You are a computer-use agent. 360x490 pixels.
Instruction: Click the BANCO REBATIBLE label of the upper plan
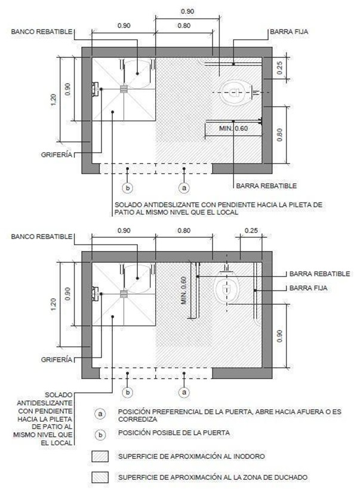42,32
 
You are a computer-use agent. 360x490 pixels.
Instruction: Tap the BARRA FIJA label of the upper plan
289,32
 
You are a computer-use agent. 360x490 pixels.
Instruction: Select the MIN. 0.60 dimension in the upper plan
233,128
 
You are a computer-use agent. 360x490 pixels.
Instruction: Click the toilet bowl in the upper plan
235,93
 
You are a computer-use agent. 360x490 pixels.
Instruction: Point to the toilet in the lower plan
227,285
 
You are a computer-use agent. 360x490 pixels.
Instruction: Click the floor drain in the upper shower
124,89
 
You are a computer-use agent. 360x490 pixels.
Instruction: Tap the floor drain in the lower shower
124,294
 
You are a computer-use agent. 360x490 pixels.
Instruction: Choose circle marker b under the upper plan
127,188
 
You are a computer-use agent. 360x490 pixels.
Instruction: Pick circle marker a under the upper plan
184,188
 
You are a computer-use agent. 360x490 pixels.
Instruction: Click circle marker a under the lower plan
184,392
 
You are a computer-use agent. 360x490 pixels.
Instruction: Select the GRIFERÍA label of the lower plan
57,360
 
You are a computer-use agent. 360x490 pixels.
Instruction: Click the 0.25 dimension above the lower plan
251,231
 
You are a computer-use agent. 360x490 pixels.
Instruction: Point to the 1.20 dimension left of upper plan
53,100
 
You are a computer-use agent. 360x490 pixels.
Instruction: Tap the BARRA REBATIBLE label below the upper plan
266,186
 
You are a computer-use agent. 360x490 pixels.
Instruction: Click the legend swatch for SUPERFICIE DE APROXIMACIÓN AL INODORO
100,457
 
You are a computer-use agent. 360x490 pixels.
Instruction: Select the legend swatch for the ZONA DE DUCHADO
100,477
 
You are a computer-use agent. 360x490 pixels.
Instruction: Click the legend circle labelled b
100,435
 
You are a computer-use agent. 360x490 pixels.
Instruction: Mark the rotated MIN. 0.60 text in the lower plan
184,290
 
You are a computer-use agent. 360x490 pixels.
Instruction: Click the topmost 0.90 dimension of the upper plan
187,11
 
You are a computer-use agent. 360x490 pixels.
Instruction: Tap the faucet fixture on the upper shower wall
96,89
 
